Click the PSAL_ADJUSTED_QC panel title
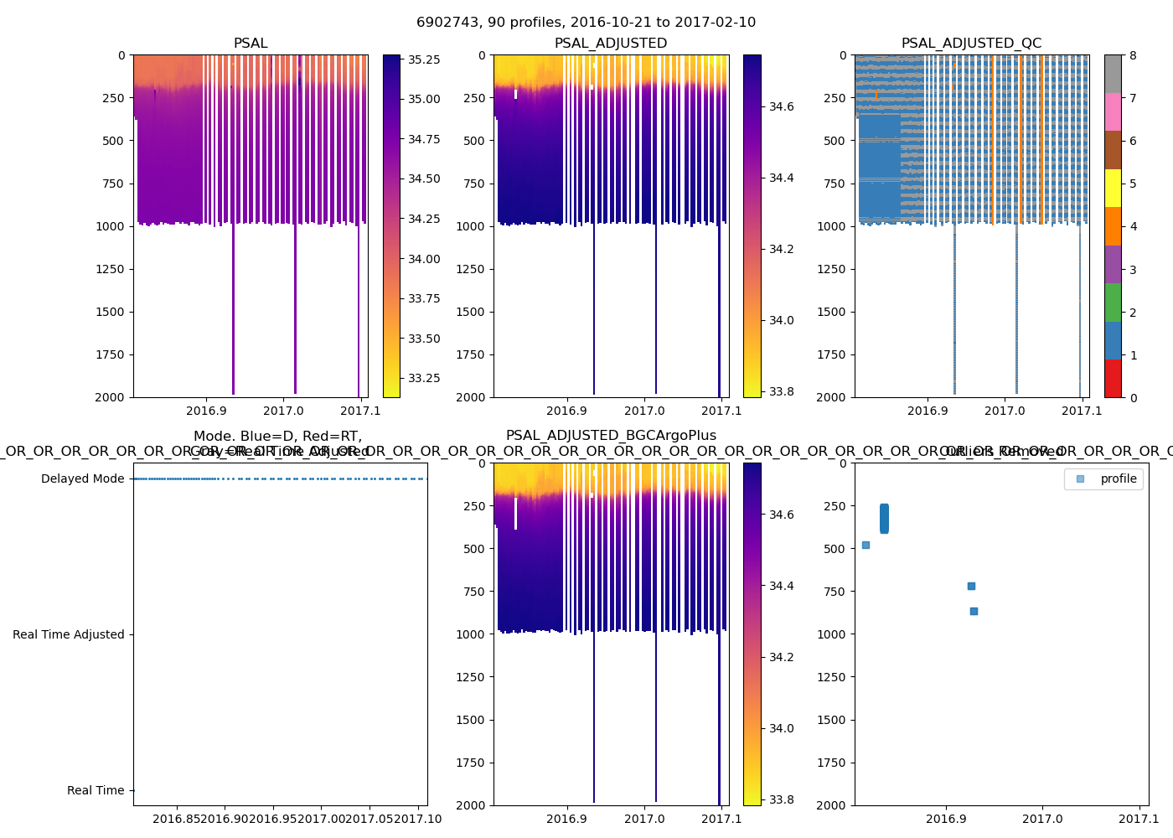[x=971, y=44]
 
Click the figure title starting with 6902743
[x=586, y=23]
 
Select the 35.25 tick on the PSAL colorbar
[x=424, y=59]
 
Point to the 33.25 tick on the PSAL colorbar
[x=424, y=378]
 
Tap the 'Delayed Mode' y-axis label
[x=82, y=479]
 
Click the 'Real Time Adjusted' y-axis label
[x=68, y=635]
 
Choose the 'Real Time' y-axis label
[x=96, y=791]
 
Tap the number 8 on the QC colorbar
[x=1133, y=55]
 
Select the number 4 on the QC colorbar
[x=1133, y=226]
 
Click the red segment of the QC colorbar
[x=1113, y=378]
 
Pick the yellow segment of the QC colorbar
[x=1113, y=189]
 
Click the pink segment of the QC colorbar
[x=1113, y=111]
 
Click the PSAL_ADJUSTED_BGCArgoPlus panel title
[x=611, y=436]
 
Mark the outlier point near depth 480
[x=866, y=546]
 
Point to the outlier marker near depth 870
[x=974, y=612]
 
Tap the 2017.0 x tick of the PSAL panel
[x=284, y=411]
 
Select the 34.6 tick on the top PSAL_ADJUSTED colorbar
[x=782, y=106]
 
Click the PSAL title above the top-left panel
[x=251, y=44]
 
